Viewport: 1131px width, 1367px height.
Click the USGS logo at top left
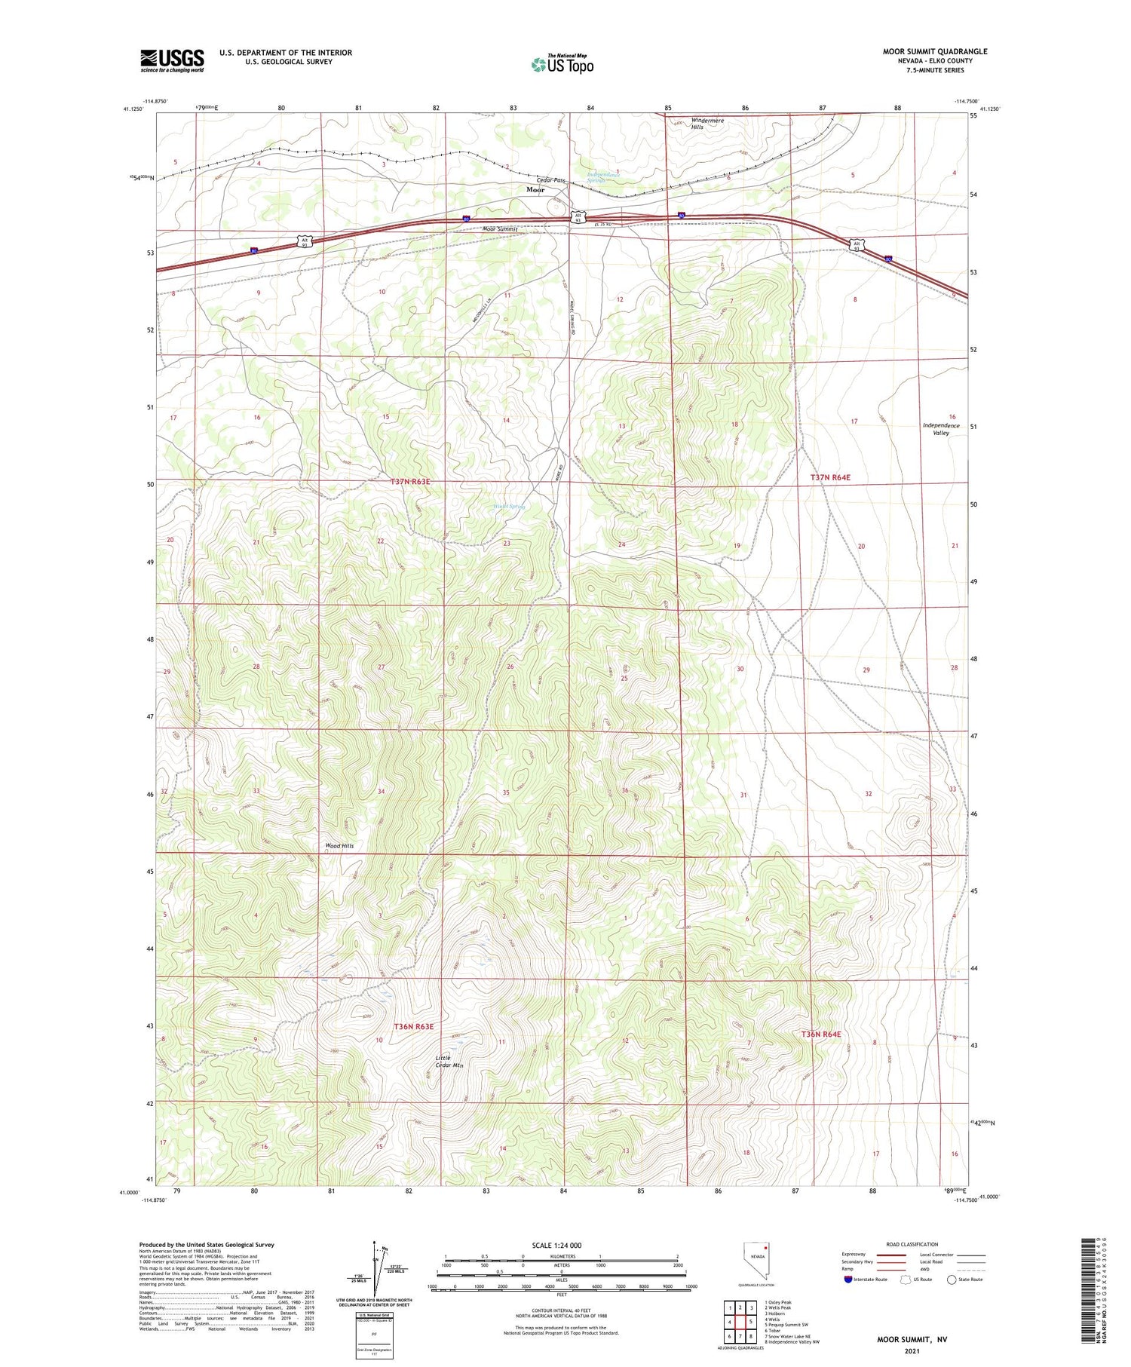pyautogui.click(x=172, y=60)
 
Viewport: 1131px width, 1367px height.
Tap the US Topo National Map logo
pyautogui.click(x=562, y=65)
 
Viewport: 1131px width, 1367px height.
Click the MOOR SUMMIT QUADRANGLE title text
pyautogui.click(x=934, y=51)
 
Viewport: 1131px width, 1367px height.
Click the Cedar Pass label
pyautogui.click(x=550, y=180)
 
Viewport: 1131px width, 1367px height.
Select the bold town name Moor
pyautogui.click(x=535, y=190)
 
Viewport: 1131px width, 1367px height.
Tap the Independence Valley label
pyautogui.click(x=940, y=429)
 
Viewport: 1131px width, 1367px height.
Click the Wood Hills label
pyautogui.click(x=339, y=846)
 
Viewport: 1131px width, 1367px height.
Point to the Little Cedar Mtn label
pyautogui.click(x=449, y=1062)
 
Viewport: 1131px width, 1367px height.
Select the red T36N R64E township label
pyautogui.click(x=820, y=1034)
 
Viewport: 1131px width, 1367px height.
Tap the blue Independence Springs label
pyautogui.click(x=603, y=178)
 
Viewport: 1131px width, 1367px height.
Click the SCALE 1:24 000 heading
pyautogui.click(x=562, y=1245)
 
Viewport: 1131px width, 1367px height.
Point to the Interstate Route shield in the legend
pyautogui.click(x=848, y=1280)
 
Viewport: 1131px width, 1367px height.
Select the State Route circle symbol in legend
pyautogui.click(x=952, y=1280)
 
